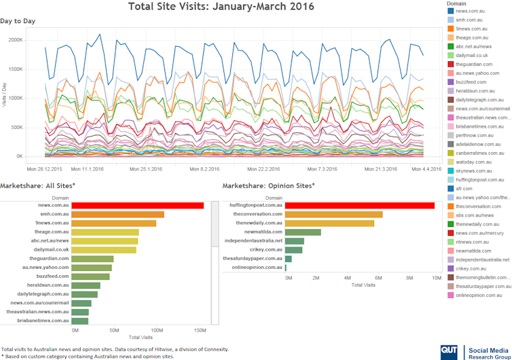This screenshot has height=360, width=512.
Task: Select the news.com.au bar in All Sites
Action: click(x=138, y=205)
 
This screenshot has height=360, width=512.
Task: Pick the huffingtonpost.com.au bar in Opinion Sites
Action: click(x=360, y=205)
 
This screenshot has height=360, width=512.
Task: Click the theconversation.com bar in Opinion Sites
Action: click(x=333, y=214)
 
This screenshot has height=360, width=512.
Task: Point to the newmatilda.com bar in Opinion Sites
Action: click(x=303, y=232)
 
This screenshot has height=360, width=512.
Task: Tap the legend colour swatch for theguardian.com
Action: click(x=450, y=64)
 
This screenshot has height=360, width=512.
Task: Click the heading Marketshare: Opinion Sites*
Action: click(x=268, y=185)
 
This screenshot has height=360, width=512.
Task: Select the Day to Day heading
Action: click(x=18, y=21)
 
